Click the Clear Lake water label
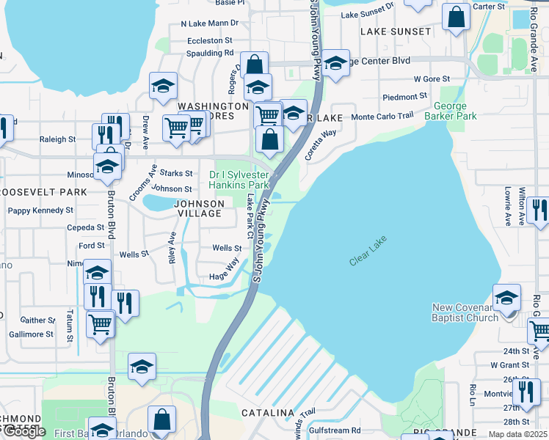pyautogui.click(x=368, y=251)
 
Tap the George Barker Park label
pyautogui.click(x=454, y=111)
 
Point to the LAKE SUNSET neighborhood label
pyautogui.click(x=396, y=32)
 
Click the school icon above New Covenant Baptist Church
pyautogui.click(x=506, y=298)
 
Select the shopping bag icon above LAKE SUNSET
pyautogui.click(x=456, y=18)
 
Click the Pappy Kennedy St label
pyautogui.click(x=40, y=210)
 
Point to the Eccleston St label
pyautogui.click(x=210, y=41)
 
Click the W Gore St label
pyautogui.click(x=432, y=78)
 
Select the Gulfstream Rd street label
pyautogui.click(x=335, y=430)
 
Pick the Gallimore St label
pyautogui.click(x=31, y=334)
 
